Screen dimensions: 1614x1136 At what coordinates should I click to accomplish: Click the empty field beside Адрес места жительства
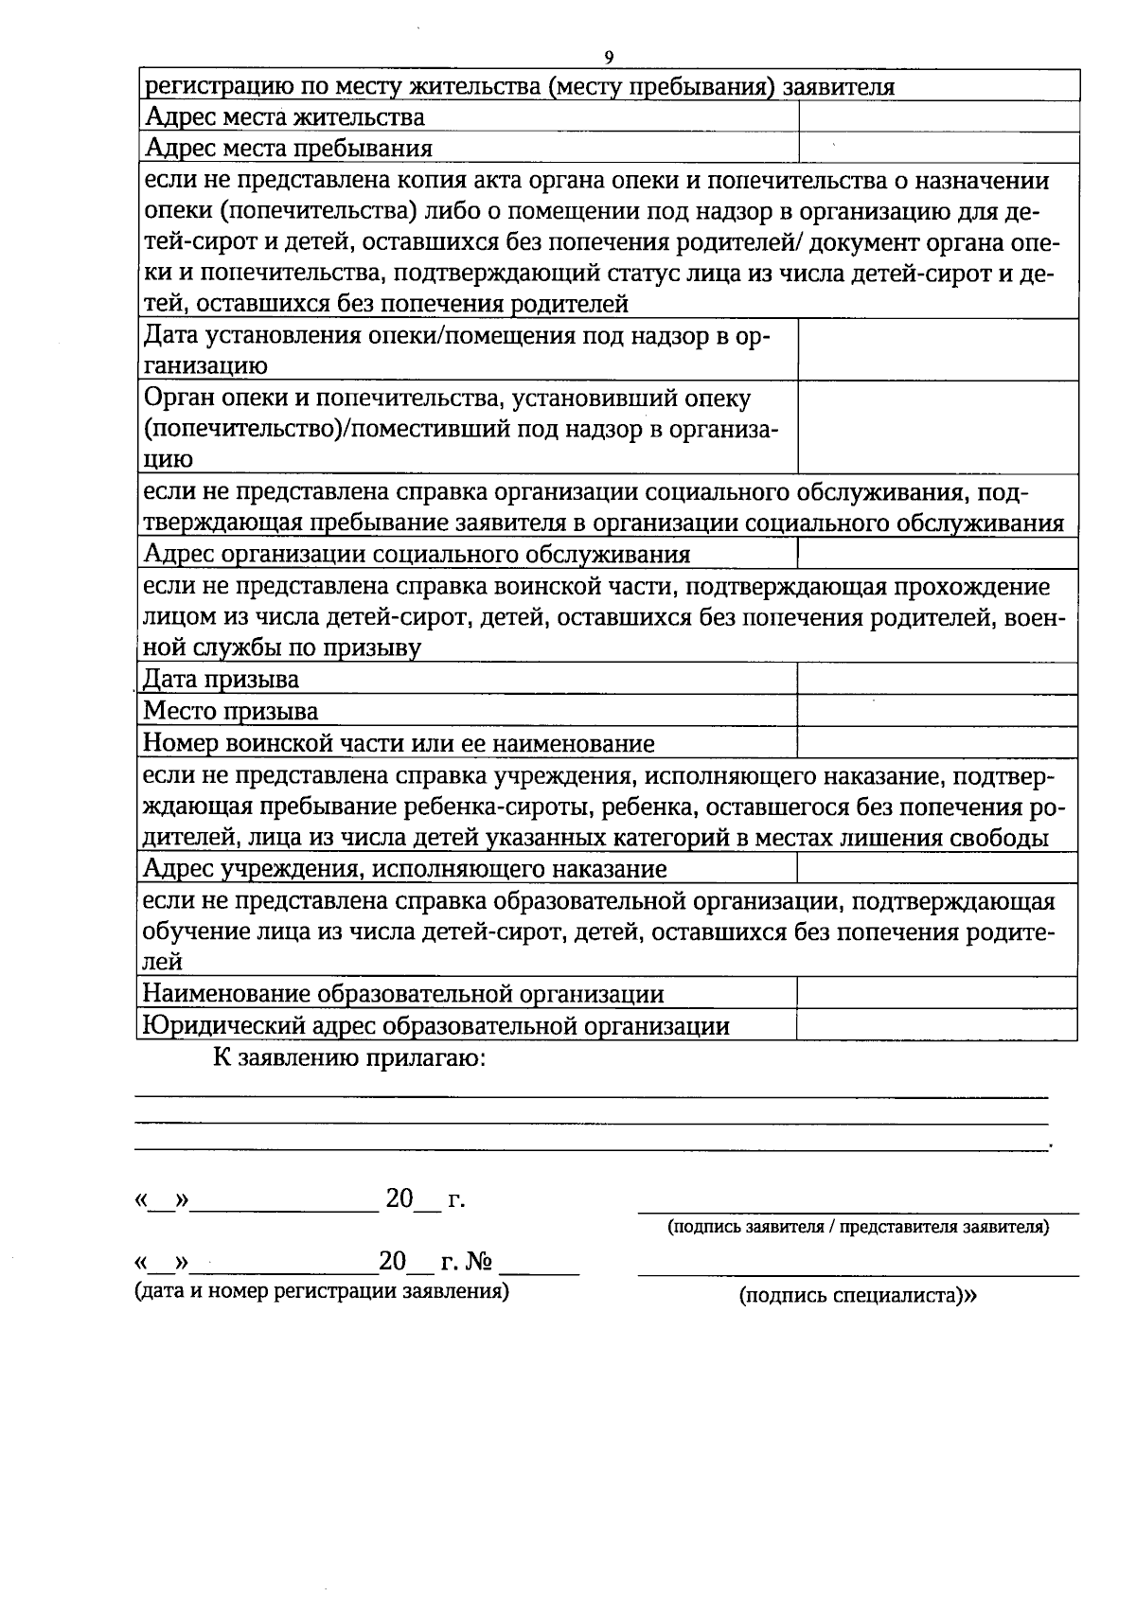(x=939, y=117)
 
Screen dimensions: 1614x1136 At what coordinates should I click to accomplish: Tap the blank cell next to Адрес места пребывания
(x=939, y=149)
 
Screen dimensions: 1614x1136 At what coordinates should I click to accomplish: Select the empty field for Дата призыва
(x=937, y=680)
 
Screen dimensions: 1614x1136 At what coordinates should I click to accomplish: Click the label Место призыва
(x=230, y=712)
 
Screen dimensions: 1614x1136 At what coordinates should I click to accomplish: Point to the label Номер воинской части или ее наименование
(x=398, y=743)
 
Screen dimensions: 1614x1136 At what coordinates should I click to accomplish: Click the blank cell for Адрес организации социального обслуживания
(x=937, y=554)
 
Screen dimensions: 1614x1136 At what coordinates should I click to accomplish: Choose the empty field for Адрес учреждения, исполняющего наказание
(x=937, y=868)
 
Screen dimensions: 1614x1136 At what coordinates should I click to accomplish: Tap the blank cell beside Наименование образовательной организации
(x=937, y=994)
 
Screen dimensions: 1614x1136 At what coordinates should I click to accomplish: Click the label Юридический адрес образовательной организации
(x=435, y=1026)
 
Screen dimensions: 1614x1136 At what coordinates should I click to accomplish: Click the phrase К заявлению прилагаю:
(x=349, y=1057)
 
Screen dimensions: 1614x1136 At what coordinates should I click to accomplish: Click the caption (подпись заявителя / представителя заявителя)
(x=858, y=1228)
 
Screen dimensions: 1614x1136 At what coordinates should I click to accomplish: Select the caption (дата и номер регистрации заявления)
(x=322, y=1291)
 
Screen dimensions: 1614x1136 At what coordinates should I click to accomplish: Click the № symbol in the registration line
(x=479, y=1262)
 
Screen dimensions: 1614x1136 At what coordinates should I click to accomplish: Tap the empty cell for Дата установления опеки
(x=937, y=350)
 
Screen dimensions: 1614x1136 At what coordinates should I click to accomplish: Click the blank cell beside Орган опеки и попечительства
(x=937, y=428)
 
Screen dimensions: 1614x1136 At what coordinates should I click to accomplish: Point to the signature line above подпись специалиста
(x=858, y=1276)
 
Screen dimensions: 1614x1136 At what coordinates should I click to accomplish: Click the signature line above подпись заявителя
(x=858, y=1211)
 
